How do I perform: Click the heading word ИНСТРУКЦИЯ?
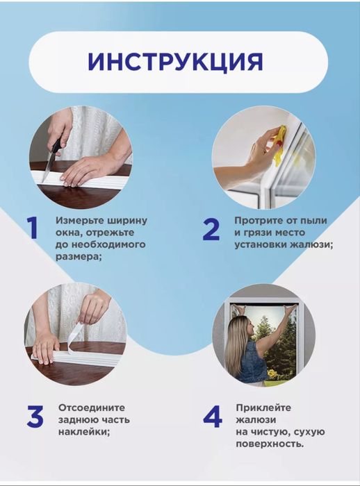coord(175,61)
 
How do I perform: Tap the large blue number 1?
coord(33,228)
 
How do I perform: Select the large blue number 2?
coord(211,228)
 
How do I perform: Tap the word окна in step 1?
coord(68,233)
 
